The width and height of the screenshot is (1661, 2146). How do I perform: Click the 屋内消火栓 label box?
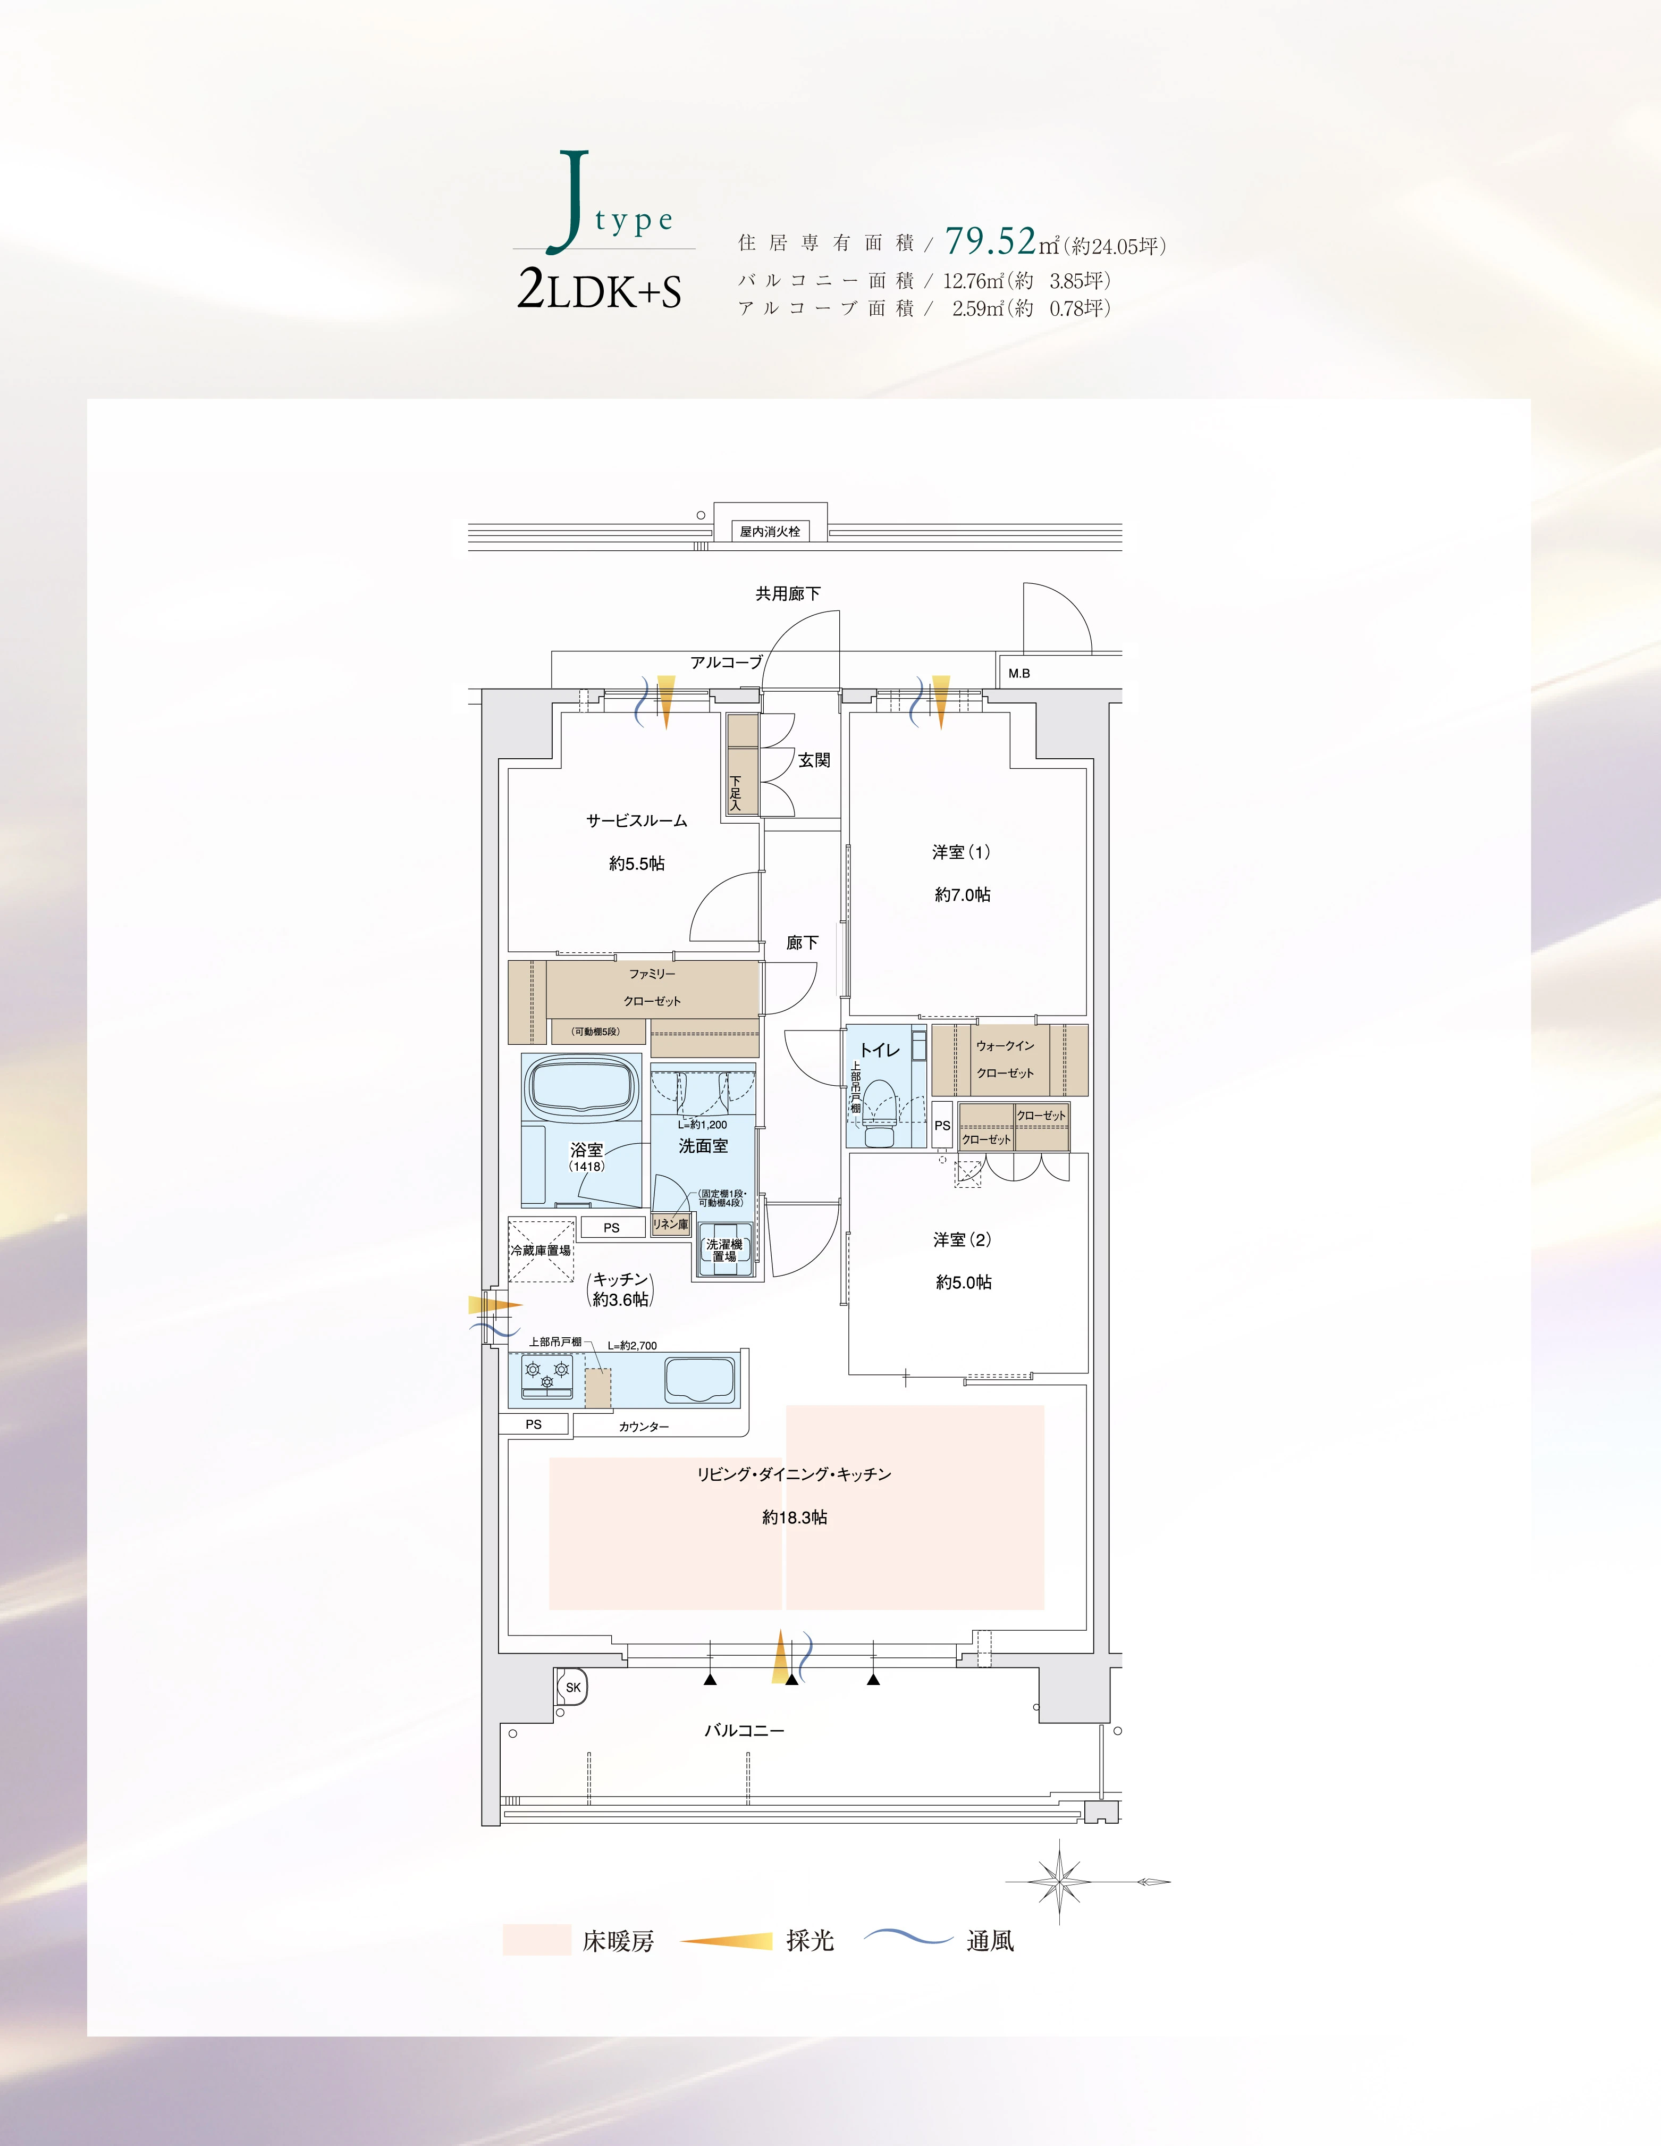click(x=770, y=532)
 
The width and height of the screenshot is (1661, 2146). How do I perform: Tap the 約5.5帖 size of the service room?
click(x=637, y=864)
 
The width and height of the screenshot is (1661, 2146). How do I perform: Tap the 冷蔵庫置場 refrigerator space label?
click(x=540, y=1251)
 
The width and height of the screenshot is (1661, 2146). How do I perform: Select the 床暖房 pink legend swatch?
click(x=536, y=1940)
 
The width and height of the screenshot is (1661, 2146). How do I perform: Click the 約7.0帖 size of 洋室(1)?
click(x=963, y=894)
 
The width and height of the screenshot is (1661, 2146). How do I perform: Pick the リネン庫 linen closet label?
click(x=670, y=1225)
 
